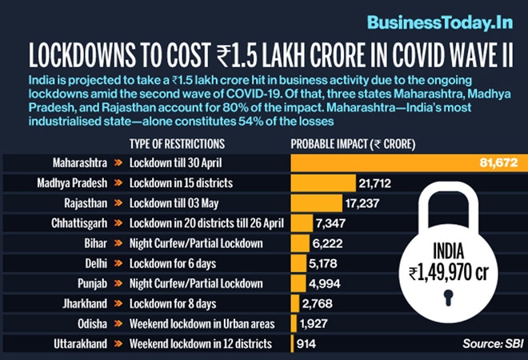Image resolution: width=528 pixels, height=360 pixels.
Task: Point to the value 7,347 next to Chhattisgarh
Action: [x=331, y=223]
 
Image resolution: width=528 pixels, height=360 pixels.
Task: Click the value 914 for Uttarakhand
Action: [x=306, y=343]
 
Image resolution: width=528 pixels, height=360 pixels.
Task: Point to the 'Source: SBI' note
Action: [x=487, y=344]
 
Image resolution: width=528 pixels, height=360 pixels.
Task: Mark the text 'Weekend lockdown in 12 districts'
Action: [x=200, y=343]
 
